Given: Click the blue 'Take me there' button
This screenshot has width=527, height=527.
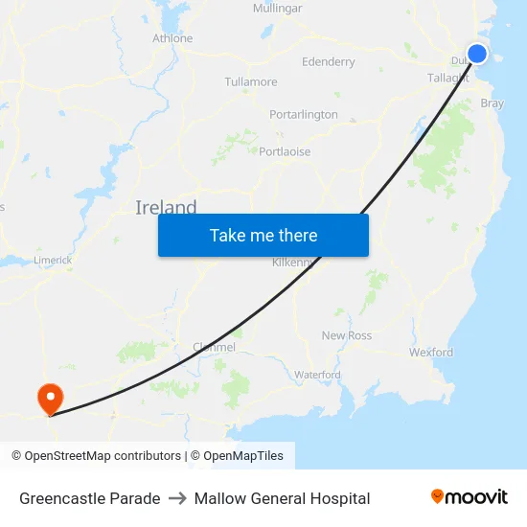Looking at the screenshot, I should click(x=263, y=235).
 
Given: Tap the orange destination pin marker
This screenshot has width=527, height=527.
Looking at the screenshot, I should click(x=49, y=398).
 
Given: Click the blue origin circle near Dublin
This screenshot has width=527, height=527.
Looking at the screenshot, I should click(x=476, y=54).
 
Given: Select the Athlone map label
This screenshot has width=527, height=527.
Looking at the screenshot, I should click(x=172, y=38).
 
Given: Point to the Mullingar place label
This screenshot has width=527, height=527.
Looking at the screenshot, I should click(x=277, y=8).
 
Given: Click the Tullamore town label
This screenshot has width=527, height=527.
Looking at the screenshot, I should click(x=251, y=82).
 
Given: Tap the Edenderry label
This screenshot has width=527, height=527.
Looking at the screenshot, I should click(x=328, y=61).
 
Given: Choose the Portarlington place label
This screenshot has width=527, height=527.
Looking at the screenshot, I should click(x=303, y=114).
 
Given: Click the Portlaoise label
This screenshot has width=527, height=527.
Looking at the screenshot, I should click(x=285, y=151).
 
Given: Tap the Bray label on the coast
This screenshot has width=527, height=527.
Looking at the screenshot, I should click(x=492, y=103).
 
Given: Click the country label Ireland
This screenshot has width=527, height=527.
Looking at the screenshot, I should click(x=166, y=208).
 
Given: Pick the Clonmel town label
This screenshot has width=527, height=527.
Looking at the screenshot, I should click(x=214, y=347).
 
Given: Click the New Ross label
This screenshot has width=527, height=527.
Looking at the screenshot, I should click(x=346, y=335).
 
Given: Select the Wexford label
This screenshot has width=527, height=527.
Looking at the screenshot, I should click(x=431, y=353).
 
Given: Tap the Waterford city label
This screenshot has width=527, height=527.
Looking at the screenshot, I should click(x=317, y=375).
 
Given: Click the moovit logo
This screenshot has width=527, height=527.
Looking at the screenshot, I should click(x=469, y=497).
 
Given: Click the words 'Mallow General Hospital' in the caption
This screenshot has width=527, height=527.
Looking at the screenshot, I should click(x=282, y=498).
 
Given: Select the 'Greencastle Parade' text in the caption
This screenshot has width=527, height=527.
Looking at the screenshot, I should click(x=90, y=498).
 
